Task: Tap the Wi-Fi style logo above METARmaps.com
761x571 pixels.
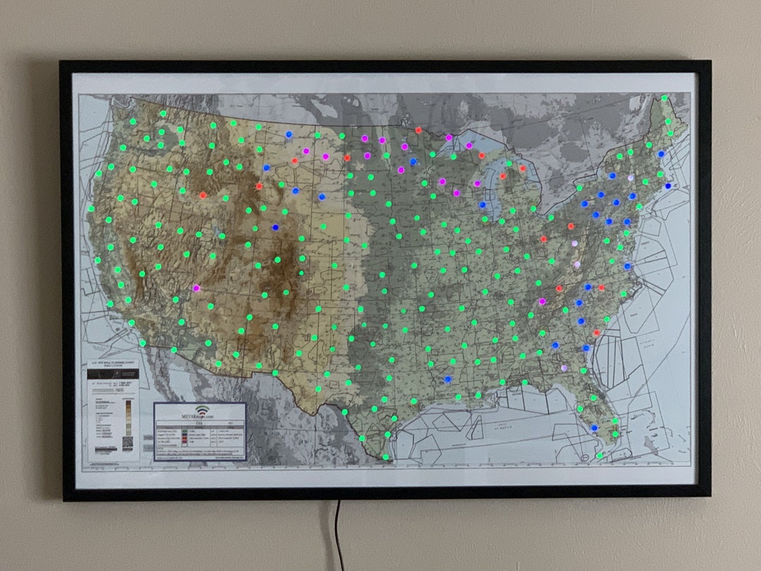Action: click(202, 410)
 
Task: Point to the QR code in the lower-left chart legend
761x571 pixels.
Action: click(128, 443)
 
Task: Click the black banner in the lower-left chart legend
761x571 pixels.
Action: click(112, 374)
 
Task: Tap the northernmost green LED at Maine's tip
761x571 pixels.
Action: click(664, 98)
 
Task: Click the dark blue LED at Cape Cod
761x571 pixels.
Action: click(667, 186)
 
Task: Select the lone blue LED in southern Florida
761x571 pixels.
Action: click(594, 428)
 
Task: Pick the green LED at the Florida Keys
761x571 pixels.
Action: click(599, 455)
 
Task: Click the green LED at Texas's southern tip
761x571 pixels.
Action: click(385, 457)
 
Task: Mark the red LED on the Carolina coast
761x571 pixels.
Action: click(596, 333)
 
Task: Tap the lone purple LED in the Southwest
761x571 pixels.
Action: click(196, 288)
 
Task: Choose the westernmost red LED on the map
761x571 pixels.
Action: click(203, 195)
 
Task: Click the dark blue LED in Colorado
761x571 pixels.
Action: click(275, 227)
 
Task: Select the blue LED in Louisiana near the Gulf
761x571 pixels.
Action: click(447, 379)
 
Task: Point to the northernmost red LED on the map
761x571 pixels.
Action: click(418, 130)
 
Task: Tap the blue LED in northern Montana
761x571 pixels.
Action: click(288, 134)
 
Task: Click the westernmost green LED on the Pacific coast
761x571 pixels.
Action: click(90, 209)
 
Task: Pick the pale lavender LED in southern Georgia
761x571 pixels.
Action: click(564, 368)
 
